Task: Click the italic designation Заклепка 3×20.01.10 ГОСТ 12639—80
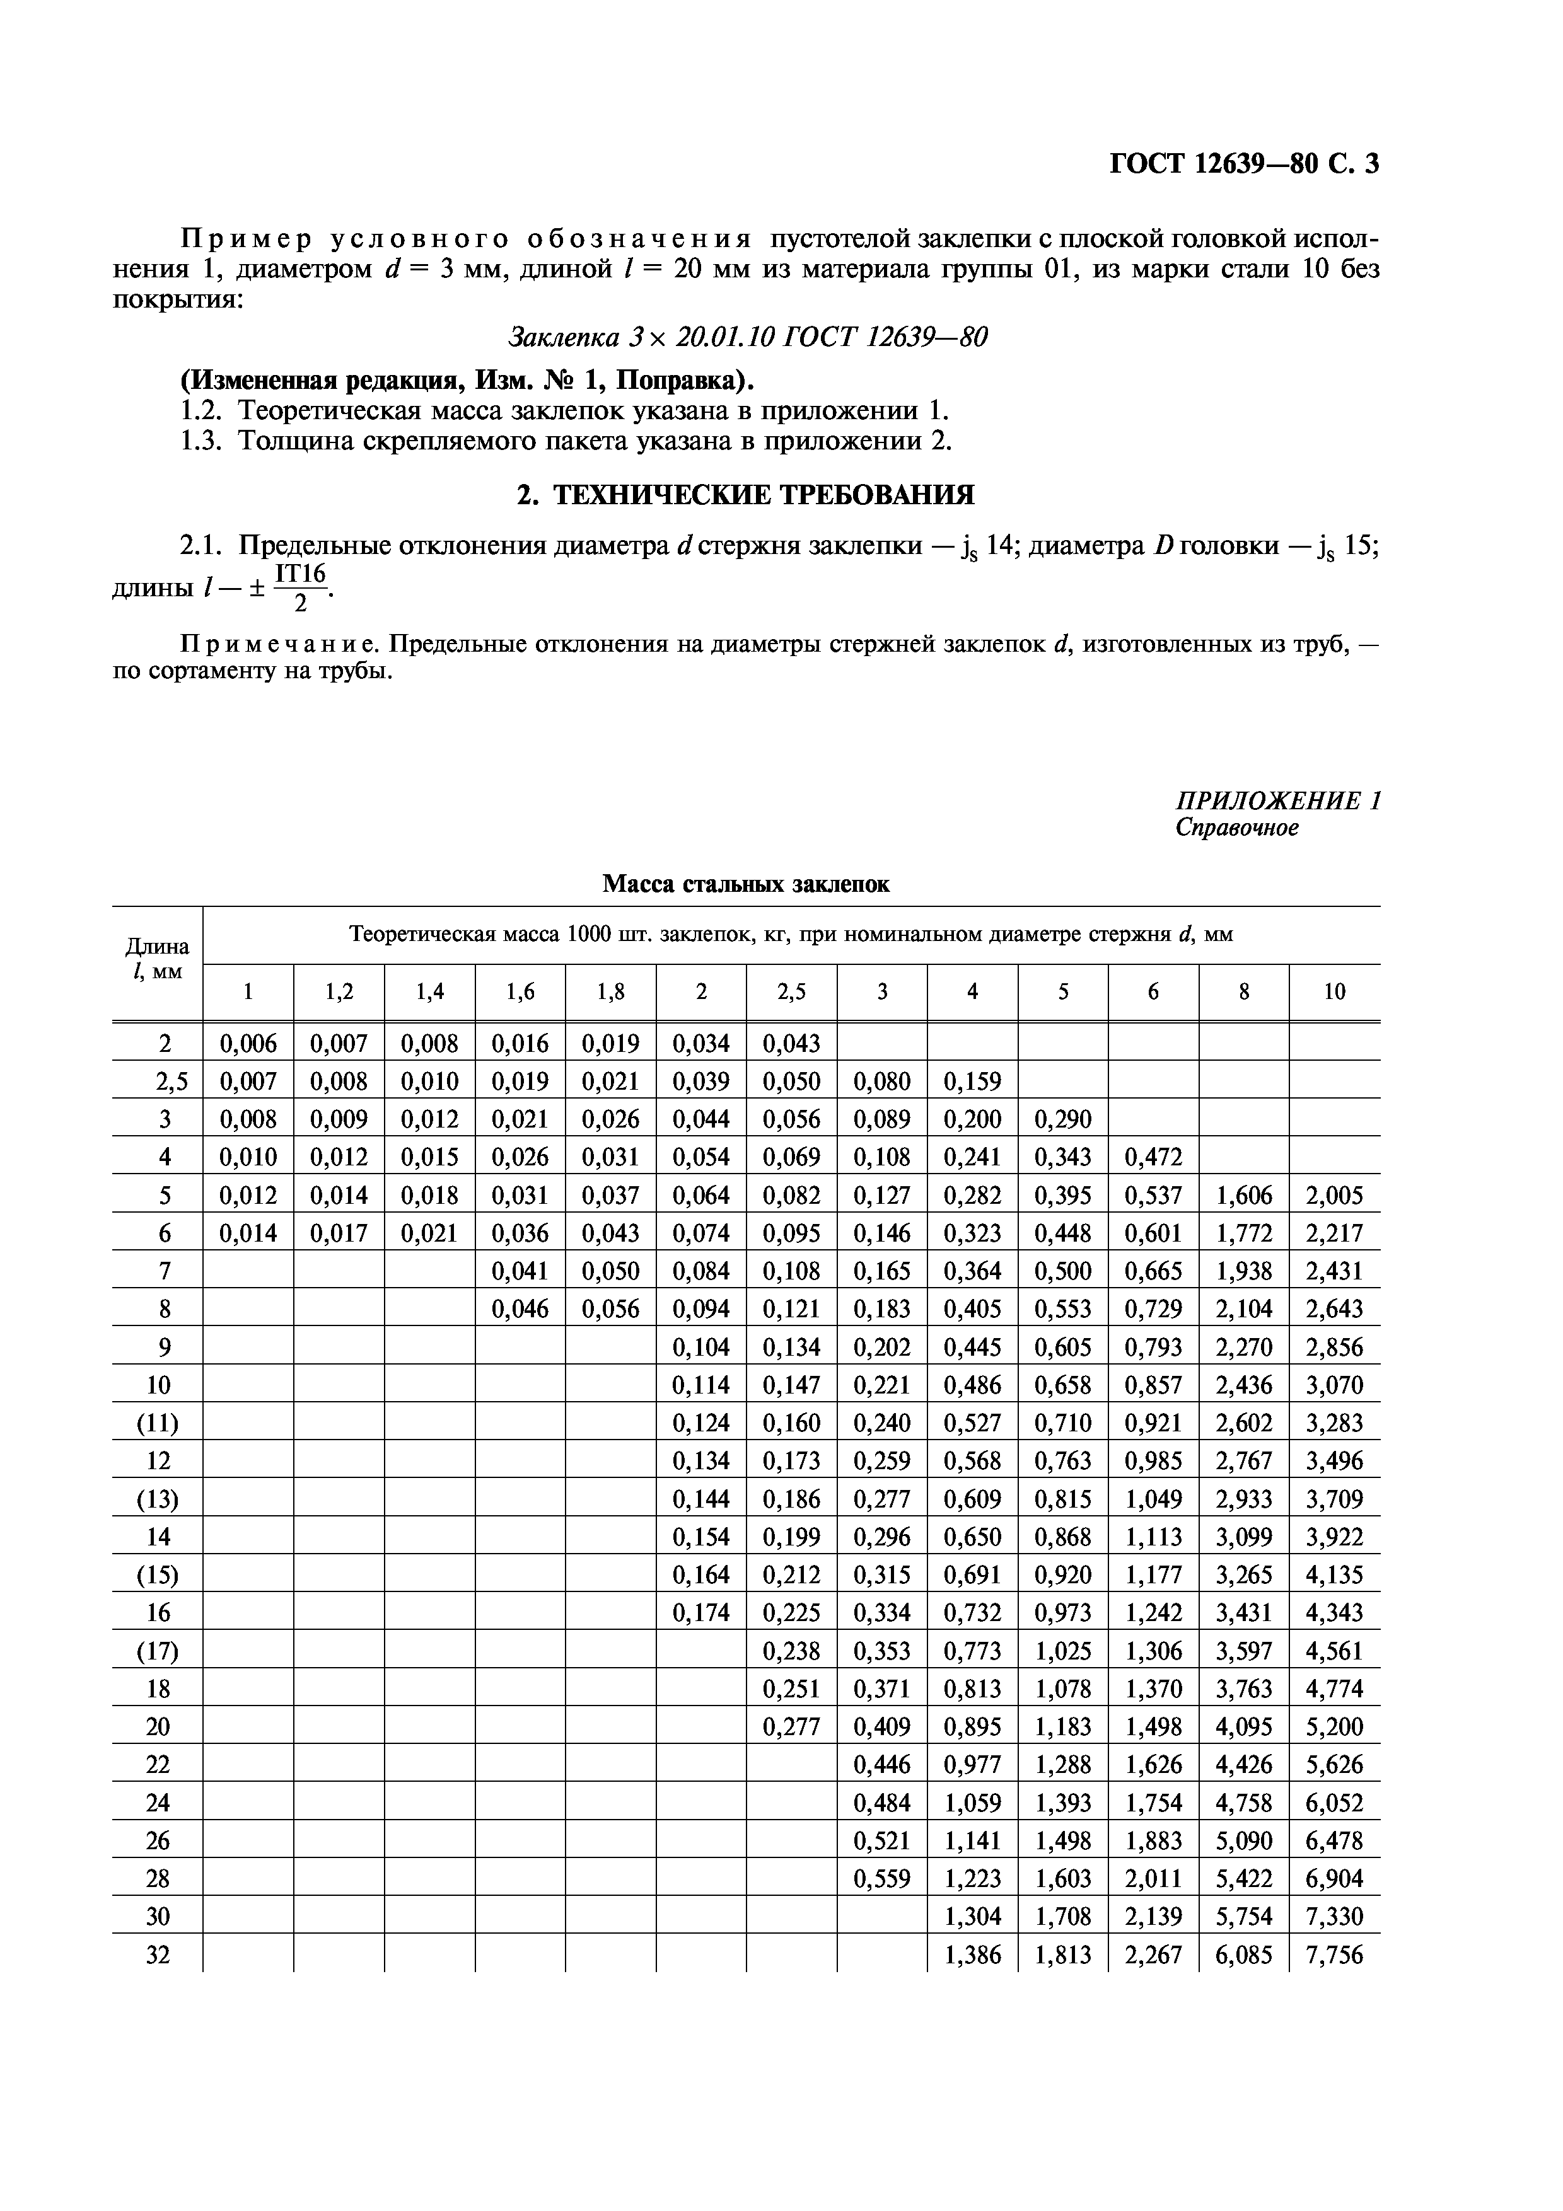point(747,337)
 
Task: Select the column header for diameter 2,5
point(792,992)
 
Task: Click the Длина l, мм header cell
point(158,959)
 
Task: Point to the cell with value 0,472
point(1154,1157)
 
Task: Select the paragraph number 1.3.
point(200,441)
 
